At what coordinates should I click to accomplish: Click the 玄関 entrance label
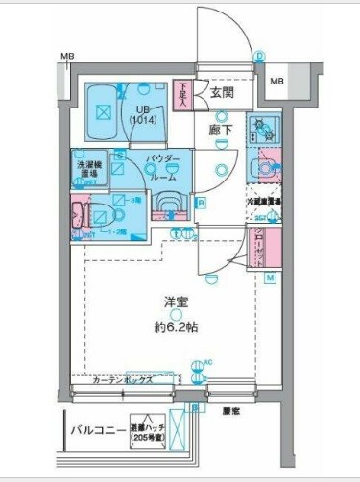[x=222, y=92]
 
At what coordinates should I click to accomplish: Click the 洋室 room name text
[x=174, y=301]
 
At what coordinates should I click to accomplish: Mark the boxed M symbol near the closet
[x=270, y=277]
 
